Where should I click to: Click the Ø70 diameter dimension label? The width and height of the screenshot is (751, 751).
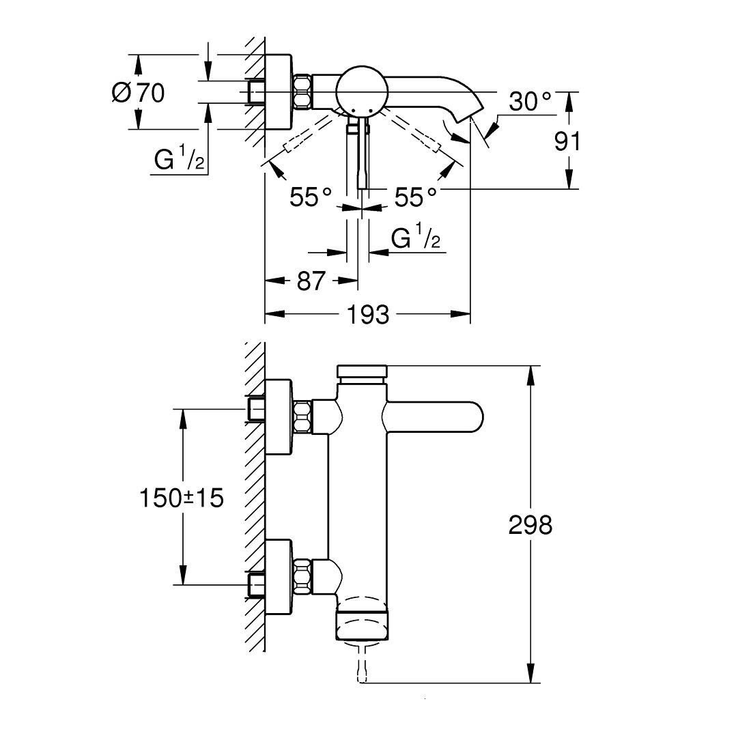click(x=138, y=92)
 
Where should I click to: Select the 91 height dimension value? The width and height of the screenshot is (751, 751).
click(x=567, y=141)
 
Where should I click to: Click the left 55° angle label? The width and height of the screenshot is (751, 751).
click(x=311, y=198)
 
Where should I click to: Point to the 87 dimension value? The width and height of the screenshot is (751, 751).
click(x=311, y=281)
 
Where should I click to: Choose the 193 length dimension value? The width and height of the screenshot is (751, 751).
click(x=368, y=315)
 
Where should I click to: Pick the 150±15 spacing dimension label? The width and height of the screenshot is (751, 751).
click(x=182, y=498)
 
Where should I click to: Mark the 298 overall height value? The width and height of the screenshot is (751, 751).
click(x=530, y=525)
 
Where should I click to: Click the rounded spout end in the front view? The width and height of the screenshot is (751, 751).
click(x=471, y=418)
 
